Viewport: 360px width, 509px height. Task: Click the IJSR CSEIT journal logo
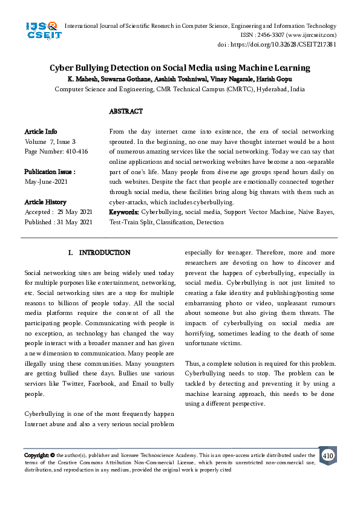pyautogui.click(x=41, y=30)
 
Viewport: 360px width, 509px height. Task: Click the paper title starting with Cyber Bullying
pyautogui.click(x=180, y=68)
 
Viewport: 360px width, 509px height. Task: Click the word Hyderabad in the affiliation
pyautogui.click(x=258, y=89)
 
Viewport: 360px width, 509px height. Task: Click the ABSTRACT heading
pyautogui.click(x=126, y=112)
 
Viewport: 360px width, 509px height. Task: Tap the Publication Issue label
pyautogui.click(x=50, y=172)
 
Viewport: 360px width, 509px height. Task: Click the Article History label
pyautogui.click(x=45, y=202)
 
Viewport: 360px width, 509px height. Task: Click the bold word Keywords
pyautogui.click(x=124, y=212)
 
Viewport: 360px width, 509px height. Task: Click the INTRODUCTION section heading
pyautogui.click(x=104, y=253)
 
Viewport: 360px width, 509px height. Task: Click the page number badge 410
pyautogui.click(x=327, y=455)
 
